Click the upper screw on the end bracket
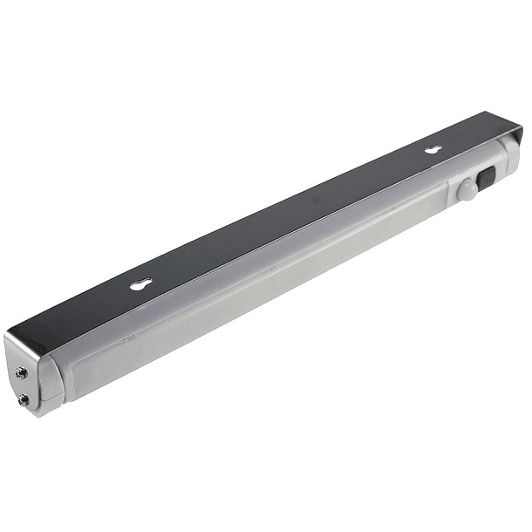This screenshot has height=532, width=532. pos(22,372)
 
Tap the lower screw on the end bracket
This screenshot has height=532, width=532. pos(24,399)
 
